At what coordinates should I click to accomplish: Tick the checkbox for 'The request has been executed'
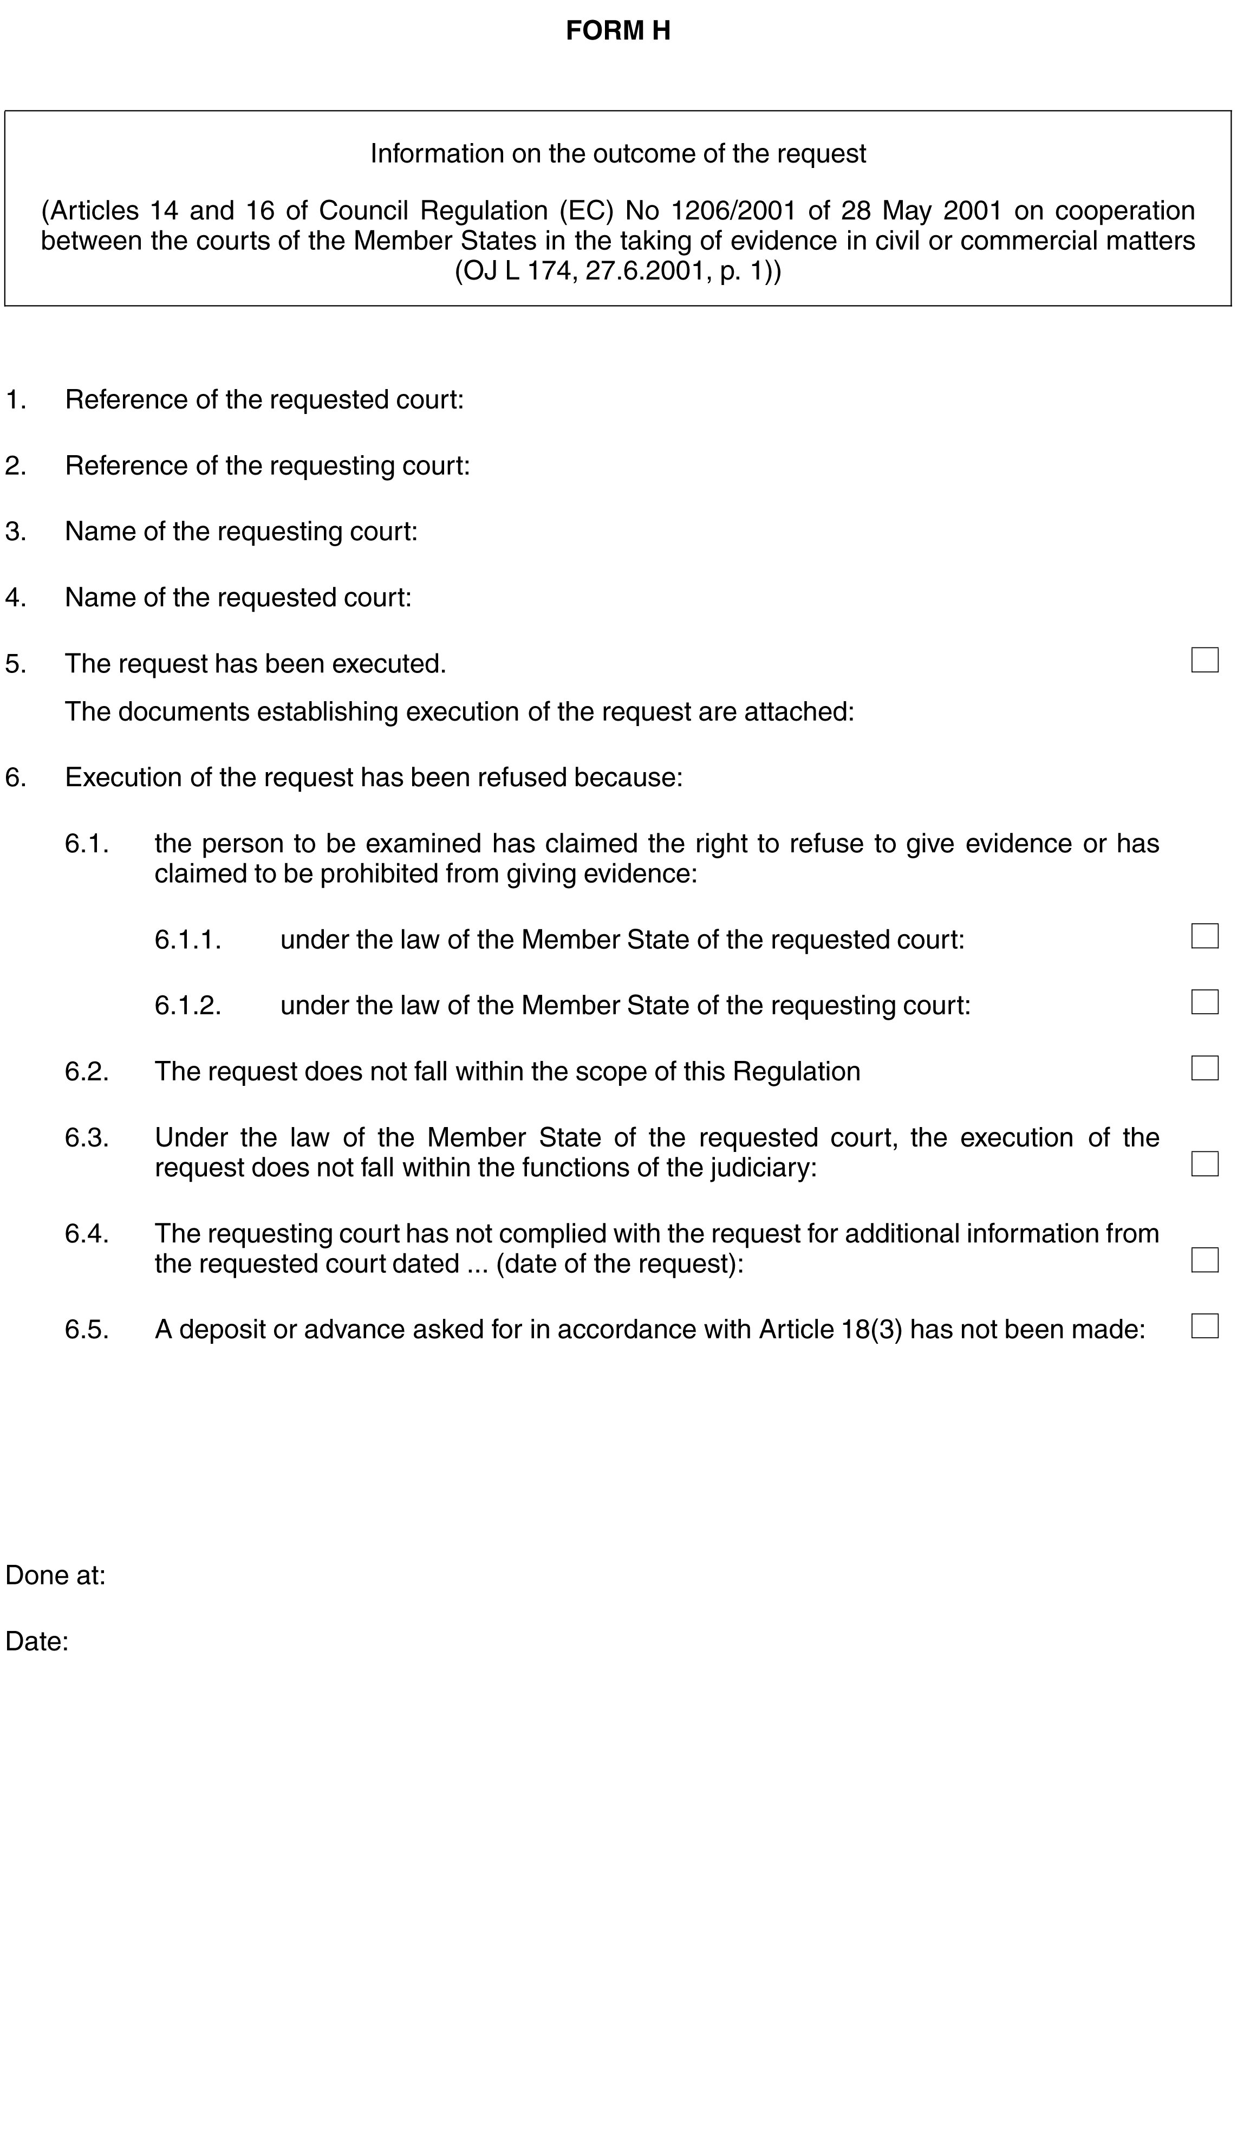[x=1204, y=661]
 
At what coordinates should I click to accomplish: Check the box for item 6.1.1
[x=1204, y=936]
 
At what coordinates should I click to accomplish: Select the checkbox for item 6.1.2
[x=1204, y=1002]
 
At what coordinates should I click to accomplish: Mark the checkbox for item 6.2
[x=1204, y=1068]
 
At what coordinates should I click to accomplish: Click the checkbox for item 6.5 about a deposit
[x=1204, y=1326]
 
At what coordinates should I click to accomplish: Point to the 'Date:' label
[x=36, y=1642]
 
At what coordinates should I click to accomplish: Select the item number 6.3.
[x=87, y=1137]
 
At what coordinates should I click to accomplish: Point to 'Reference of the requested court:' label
[x=264, y=399]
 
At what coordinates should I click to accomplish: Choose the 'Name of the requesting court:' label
[x=242, y=532]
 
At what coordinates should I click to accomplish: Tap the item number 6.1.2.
[x=188, y=1005]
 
